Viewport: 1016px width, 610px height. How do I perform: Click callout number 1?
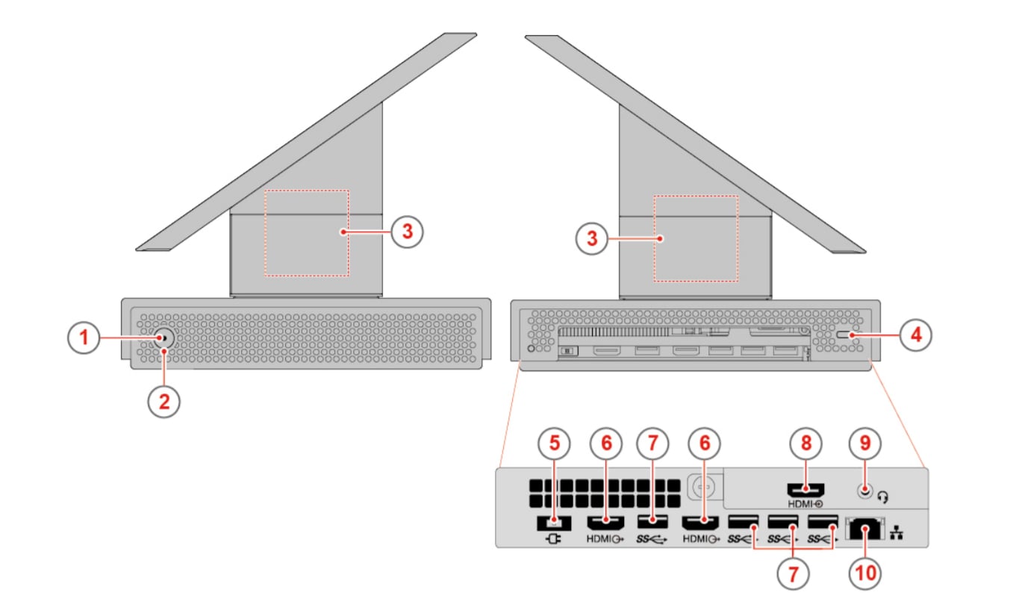pyautogui.click(x=84, y=337)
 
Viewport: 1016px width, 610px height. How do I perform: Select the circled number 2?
pyautogui.click(x=163, y=401)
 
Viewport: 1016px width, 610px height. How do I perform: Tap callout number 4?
pyautogui.click(x=915, y=335)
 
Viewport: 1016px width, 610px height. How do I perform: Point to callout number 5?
pyautogui.click(x=554, y=443)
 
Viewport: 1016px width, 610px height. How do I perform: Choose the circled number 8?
pyautogui.click(x=806, y=443)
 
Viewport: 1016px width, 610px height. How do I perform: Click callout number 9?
pyautogui.click(x=865, y=443)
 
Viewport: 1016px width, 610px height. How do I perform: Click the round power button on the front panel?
pyautogui.click(x=163, y=338)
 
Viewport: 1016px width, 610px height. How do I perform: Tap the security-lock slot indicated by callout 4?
pyautogui.click(x=848, y=336)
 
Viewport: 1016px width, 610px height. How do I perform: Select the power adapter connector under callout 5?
pyautogui.click(x=553, y=521)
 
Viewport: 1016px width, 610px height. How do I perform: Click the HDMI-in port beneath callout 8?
pyautogui.click(x=806, y=491)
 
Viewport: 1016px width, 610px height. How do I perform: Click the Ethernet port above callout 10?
pyautogui.click(x=865, y=529)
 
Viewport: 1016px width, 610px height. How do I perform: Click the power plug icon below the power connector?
pyautogui.click(x=553, y=538)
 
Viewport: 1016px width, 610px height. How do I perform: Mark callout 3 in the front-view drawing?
pyautogui.click(x=407, y=231)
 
